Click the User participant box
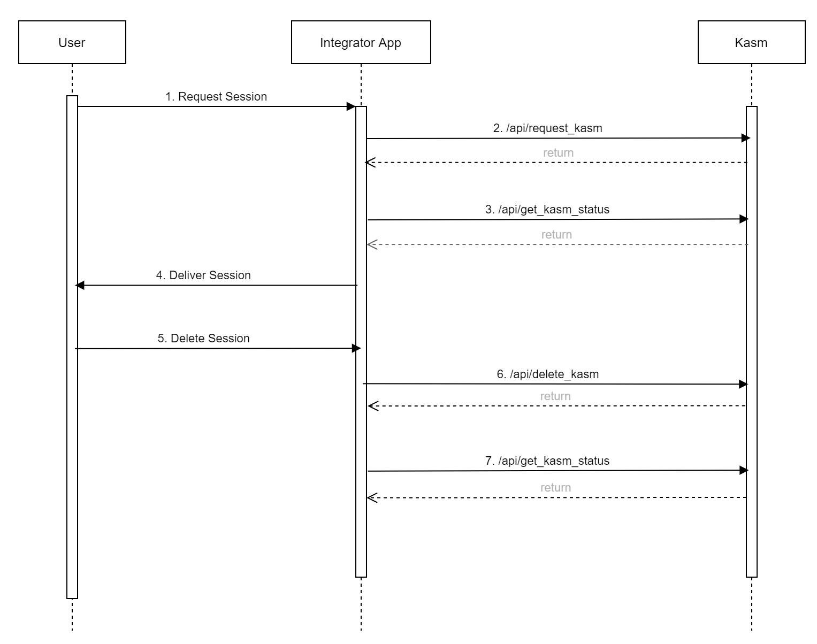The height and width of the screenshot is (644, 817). (72, 43)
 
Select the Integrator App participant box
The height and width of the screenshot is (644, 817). (361, 43)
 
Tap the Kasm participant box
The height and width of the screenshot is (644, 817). (751, 43)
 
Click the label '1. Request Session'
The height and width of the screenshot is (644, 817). (216, 97)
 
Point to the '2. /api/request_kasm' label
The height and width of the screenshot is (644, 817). (547, 128)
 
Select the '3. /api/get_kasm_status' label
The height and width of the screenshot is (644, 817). (547, 210)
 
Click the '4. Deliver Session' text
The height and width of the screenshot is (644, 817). (203, 275)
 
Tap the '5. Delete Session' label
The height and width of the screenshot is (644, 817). (203, 339)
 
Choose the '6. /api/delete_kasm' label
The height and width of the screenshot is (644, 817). (547, 374)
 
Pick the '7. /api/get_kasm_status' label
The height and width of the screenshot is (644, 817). (547, 461)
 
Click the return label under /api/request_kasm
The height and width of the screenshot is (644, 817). (558, 153)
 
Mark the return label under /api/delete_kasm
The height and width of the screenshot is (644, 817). (555, 396)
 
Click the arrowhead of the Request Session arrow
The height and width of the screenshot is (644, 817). (352, 106)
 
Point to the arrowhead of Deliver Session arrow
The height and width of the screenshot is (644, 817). (80, 286)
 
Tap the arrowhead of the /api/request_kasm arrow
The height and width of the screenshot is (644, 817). (745, 138)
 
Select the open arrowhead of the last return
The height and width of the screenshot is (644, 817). (372, 498)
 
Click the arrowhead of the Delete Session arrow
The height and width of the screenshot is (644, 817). (356, 348)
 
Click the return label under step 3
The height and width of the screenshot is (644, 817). (556, 235)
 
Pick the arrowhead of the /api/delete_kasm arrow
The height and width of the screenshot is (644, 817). (743, 384)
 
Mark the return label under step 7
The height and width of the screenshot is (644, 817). (555, 488)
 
